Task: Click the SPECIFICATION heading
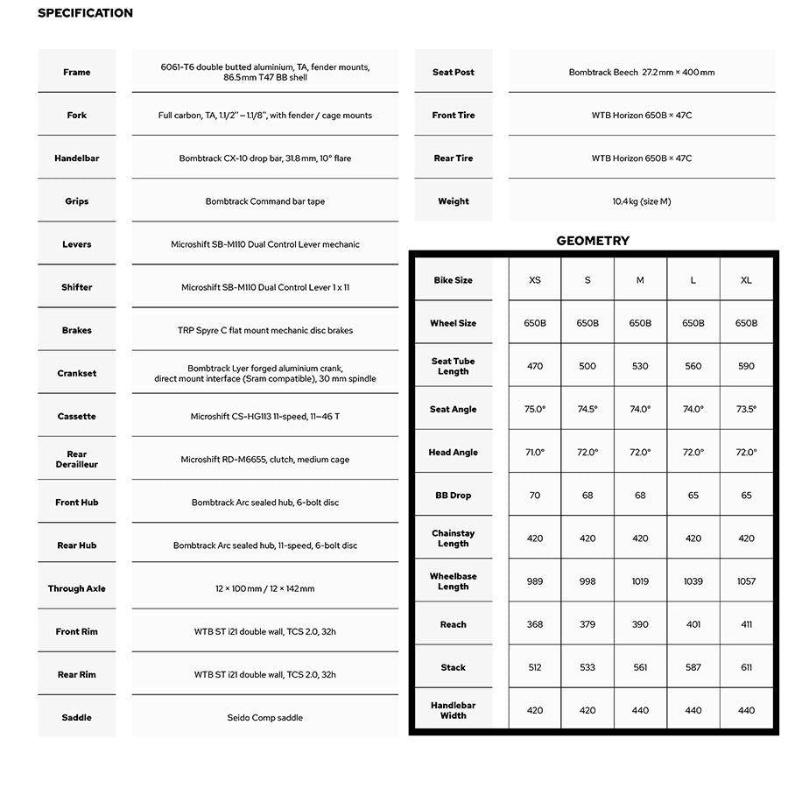(x=85, y=13)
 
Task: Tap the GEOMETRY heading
(x=593, y=241)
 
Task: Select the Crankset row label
(x=77, y=374)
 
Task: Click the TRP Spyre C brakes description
(x=265, y=331)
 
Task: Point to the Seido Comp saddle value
(x=265, y=718)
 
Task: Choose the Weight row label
(x=454, y=201)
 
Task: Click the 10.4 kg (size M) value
(x=642, y=201)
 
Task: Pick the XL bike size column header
(x=746, y=280)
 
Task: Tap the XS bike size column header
(x=535, y=280)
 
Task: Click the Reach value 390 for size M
(x=640, y=624)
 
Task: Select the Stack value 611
(x=746, y=667)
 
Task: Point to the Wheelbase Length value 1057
(x=746, y=581)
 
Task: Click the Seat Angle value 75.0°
(x=535, y=409)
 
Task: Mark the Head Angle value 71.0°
(x=535, y=453)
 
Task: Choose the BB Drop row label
(x=454, y=496)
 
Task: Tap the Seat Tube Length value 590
(x=746, y=366)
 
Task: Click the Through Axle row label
(x=77, y=589)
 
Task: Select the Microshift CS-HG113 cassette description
(x=265, y=417)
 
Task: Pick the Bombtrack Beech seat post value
(x=642, y=73)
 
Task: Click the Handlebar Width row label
(x=454, y=710)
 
